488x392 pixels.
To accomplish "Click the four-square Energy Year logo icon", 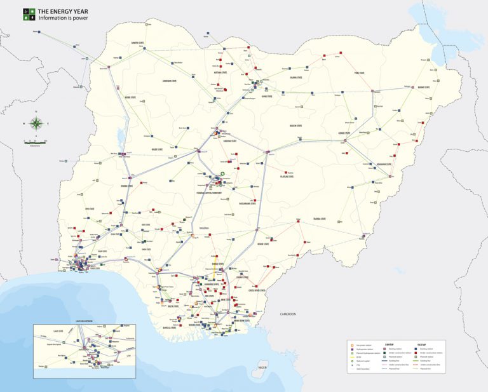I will (x=29, y=14).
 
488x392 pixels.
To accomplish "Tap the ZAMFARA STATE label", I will (x=172, y=81).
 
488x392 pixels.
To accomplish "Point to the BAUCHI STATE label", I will (x=295, y=126).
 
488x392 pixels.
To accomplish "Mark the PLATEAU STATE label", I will (x=287, y=176).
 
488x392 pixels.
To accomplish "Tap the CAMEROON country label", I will (x=287, y=314).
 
